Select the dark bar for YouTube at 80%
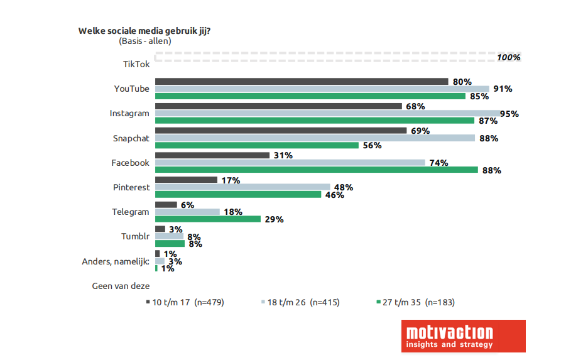point(301,81)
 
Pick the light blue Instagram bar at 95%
point(327,113)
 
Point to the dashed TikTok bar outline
point(324,57)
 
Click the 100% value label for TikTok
point(509,57)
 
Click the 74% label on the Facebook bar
point(438,163)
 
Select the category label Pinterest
point(131,187)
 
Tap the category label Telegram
point(131,212)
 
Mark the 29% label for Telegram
point(274,219)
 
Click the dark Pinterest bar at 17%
point(186,180)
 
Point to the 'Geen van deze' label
point(121,286)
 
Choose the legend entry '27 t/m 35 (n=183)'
point(415,302)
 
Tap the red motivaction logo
point(463,335)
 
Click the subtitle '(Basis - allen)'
point(144,41)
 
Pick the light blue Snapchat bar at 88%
point(315,138)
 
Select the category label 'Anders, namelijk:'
point(116,261)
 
